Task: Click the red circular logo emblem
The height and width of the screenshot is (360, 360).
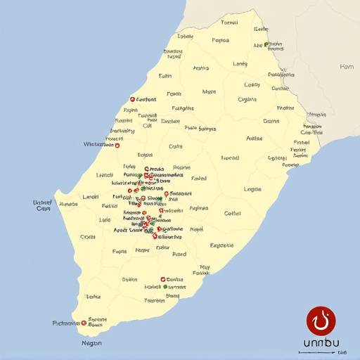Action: pos(321,319)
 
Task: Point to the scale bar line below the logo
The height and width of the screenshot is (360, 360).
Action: pos(315,350)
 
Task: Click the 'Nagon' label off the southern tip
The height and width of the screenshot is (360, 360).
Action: pos(92,343)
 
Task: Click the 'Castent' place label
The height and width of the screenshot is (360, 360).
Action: pos(146,100)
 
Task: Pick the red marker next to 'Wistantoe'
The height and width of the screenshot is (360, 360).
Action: pos(117,146)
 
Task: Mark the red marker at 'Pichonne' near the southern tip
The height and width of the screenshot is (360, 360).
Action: pos(84,323)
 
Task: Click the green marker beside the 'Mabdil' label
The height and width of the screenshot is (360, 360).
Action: pos(166,287)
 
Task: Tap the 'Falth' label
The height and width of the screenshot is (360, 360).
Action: pos(165,75)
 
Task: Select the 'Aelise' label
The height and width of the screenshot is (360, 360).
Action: pos(255,139)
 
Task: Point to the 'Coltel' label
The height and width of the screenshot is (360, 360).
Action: pos(232,213)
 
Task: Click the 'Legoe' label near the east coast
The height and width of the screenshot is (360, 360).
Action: pos(252,189)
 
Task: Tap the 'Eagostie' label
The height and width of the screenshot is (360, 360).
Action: pos(222,245)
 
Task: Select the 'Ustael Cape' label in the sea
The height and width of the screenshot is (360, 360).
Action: pos(43,205)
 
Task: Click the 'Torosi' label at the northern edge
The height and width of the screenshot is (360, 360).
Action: pos(229,22)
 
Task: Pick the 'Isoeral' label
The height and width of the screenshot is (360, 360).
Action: pos(230,158)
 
